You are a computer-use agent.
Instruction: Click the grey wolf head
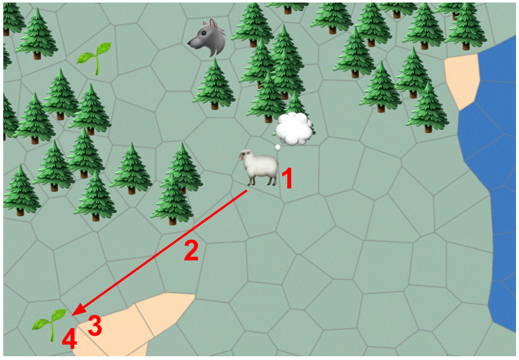tap(207, 38)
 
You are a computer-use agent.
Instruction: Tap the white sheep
tap(258, 167)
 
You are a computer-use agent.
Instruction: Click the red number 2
tap(191, 250)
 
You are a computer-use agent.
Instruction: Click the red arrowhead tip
tap(72, 315)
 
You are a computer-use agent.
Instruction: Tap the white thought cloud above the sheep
tap(294, 128)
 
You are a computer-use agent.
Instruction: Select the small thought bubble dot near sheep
tap(278, 148)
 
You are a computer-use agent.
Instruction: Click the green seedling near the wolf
tap(94, 58)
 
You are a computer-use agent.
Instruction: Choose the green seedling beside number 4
tap(50, 324)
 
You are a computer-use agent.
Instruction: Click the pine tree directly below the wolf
tap(214, 84)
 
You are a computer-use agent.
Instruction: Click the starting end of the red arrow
tap(247, 191)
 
